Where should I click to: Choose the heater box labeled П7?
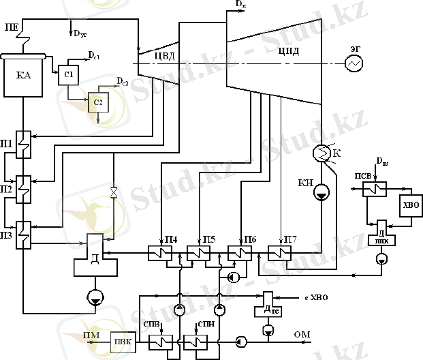[x=279, y=253]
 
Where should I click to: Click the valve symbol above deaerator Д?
[x=113, y=194]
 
